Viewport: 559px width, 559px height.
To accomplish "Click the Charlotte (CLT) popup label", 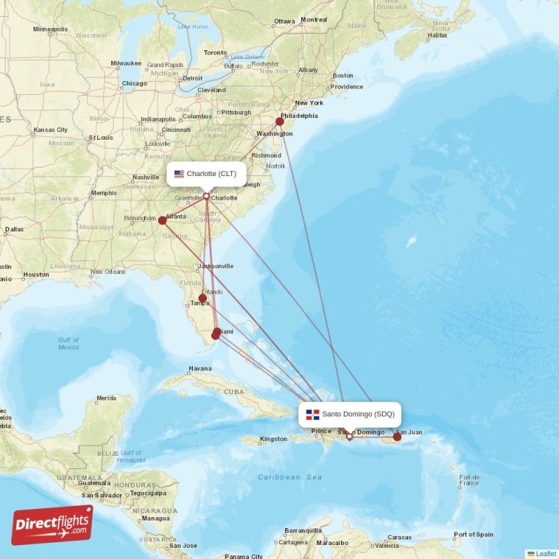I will pyautogui.click(x=206, y=174).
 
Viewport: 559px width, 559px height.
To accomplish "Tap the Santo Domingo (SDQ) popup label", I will pyautogui.click(x=350, y=414).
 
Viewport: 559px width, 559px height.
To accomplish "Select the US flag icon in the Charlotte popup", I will pyautogui.click(x=179, y=174).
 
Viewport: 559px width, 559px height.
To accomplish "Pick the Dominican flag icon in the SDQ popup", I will pyautogui.click(x=312, y=414).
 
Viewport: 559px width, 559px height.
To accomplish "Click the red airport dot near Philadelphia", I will pyautogui.click(x=279, y=122).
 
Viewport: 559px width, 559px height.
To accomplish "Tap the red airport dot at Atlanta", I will pyautogui.click(x=162, y=220).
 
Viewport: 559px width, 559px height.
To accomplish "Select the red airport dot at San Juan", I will pyautogui.click(x=397, y=437).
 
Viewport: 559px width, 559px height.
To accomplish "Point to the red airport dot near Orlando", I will pyautogui.click(x=203, y=298).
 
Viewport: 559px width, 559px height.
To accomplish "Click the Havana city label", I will pyautogui.click(x=200, y=368).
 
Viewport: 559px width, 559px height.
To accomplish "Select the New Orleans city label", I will pyautogui.click(x=107, y=272).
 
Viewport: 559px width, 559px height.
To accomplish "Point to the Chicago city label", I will pyautogui.click(x=134, y=84).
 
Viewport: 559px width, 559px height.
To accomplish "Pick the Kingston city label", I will pyautogui.click(x=273, y=439).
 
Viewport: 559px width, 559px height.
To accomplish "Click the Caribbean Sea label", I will pyautogui.click(x=290, y=477).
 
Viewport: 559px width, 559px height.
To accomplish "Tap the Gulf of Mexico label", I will pyautogui.click(x=68, y=343).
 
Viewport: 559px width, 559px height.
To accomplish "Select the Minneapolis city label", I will pyautogui.click(x=50, y=29).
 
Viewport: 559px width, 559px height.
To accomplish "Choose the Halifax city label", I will pyautogui.click(x=437, y=35).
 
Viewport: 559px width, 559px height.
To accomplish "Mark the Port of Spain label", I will pyautogui.click(x=474, y=535).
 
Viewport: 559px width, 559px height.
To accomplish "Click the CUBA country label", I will pyautogui.click(x=233, y=392).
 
